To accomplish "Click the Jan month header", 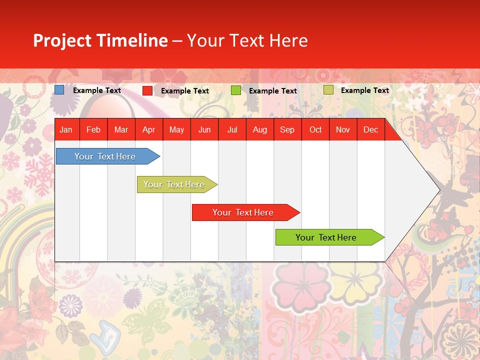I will click(x=66, y=129).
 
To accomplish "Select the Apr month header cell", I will click(x=148, y=129).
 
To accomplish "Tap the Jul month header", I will click(x=232, y=129).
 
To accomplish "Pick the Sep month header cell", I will click(x=287, y=129).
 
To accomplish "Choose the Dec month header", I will click(x=370, y=129).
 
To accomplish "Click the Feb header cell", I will click(x=93, y=129).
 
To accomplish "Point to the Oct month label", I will click(x=315, y=129).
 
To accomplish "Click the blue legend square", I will click(x=59, y=90).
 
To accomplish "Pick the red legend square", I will click(x=147, y=90).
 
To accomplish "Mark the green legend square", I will click(x=236, y=90).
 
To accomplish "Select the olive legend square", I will click(x=328, y=90).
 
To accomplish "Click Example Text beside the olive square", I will click(x=364, y=90).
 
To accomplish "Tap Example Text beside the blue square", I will click(x=96, y=90).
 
